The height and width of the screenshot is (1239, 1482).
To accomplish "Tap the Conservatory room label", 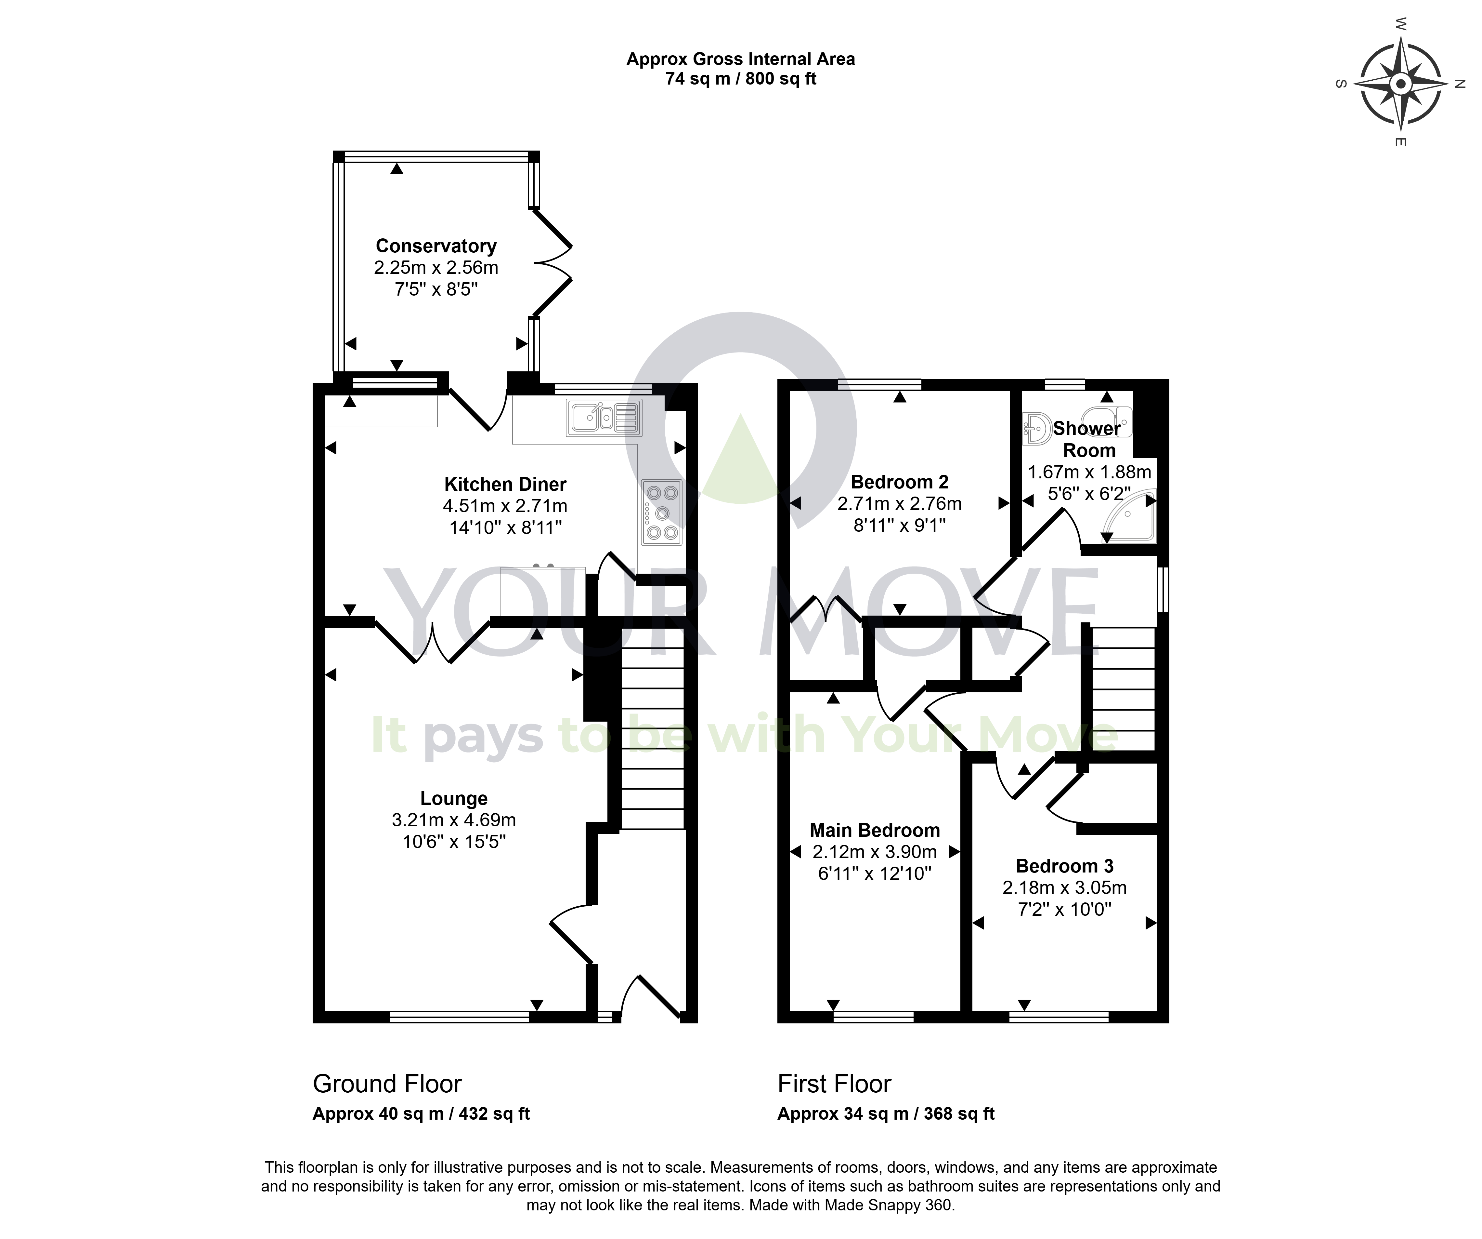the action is [x=436, y=246].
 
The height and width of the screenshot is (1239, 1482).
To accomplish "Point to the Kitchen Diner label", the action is [x=505, y=484].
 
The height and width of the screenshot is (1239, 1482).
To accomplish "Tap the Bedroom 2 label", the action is [x=900, y=482].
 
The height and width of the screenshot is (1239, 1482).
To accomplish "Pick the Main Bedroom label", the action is [x=875, y=830].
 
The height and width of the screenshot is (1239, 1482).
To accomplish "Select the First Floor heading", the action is [x=834, y=1084].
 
